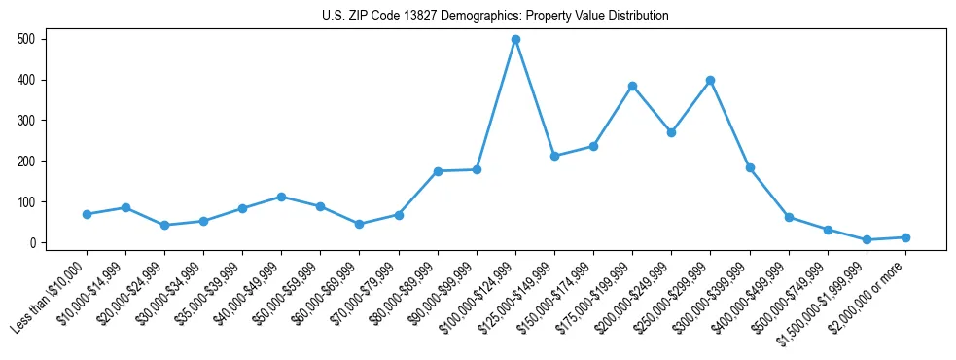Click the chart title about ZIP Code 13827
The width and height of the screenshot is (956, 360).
[495, 16]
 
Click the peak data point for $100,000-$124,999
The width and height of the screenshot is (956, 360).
[515, 40]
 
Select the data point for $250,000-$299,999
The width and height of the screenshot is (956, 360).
[710, 80]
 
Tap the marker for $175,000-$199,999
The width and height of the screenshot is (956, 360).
[632, 86]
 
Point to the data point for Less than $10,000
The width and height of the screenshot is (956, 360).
[87, 214]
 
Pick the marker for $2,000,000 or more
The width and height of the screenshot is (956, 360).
[905, 237]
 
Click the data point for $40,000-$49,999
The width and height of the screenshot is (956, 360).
[281, 197]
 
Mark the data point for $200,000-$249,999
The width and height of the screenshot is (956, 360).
[671, 132]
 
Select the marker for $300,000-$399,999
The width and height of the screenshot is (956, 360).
[750, 167]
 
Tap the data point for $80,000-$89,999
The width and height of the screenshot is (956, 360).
[438, 171]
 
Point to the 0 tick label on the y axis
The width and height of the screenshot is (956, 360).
[33, 242]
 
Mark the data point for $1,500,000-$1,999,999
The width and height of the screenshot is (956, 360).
[867, 239]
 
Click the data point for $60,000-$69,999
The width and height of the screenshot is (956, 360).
[359, 224]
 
